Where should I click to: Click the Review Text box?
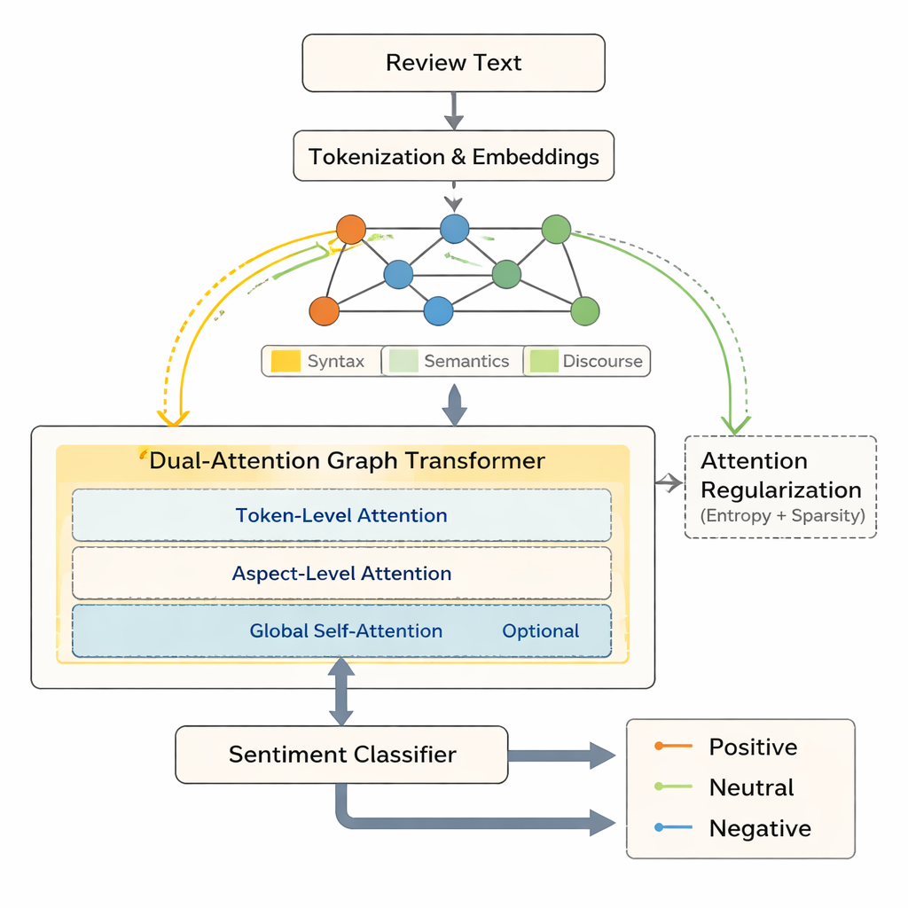453,63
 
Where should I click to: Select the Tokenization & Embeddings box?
453,157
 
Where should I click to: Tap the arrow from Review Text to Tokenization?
453,110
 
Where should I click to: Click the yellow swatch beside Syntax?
286,361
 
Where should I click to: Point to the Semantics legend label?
466,361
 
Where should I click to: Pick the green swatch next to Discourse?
543,361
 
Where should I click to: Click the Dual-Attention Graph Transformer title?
347,461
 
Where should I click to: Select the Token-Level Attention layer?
341,515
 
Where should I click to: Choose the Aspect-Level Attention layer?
341,574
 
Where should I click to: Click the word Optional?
540,631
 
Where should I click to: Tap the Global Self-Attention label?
346,631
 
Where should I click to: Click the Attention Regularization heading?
780,475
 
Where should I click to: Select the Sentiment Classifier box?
341,755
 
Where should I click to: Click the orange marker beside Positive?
659,747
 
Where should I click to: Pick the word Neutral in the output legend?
751,787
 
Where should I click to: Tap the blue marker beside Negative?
659,828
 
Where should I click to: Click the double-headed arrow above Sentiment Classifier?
341,692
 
